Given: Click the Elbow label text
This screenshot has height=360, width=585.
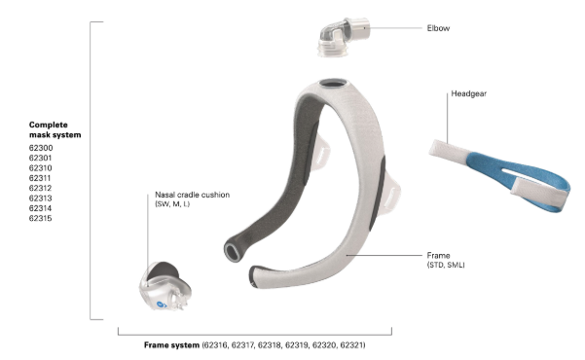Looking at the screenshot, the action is pyautogui.click(x=438, y=28).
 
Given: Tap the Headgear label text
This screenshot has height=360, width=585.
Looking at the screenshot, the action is pyautogui.click(x=468, y=93).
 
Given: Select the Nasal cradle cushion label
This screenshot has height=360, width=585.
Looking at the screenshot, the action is pyautogui.click(x=192, y=195).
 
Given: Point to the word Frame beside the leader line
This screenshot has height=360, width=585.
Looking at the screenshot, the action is pyautogui.click(x=438, y=256).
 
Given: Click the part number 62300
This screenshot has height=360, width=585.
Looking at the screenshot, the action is pyautogui.click(x=41, y=148).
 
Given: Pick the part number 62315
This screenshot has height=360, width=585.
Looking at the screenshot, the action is pyautogui.click(x=41, y=219).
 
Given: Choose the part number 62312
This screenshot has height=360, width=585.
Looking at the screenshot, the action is pyautogui.click(x=41, y=189).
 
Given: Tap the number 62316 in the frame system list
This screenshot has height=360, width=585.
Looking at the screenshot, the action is pyautogui.click(x=216, y=345).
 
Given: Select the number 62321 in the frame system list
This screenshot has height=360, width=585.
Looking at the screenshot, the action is pyautogui.click(x=351, y=345).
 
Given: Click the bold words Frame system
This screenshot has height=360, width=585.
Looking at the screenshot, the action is pyautogui.click(x=171, y=345).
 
